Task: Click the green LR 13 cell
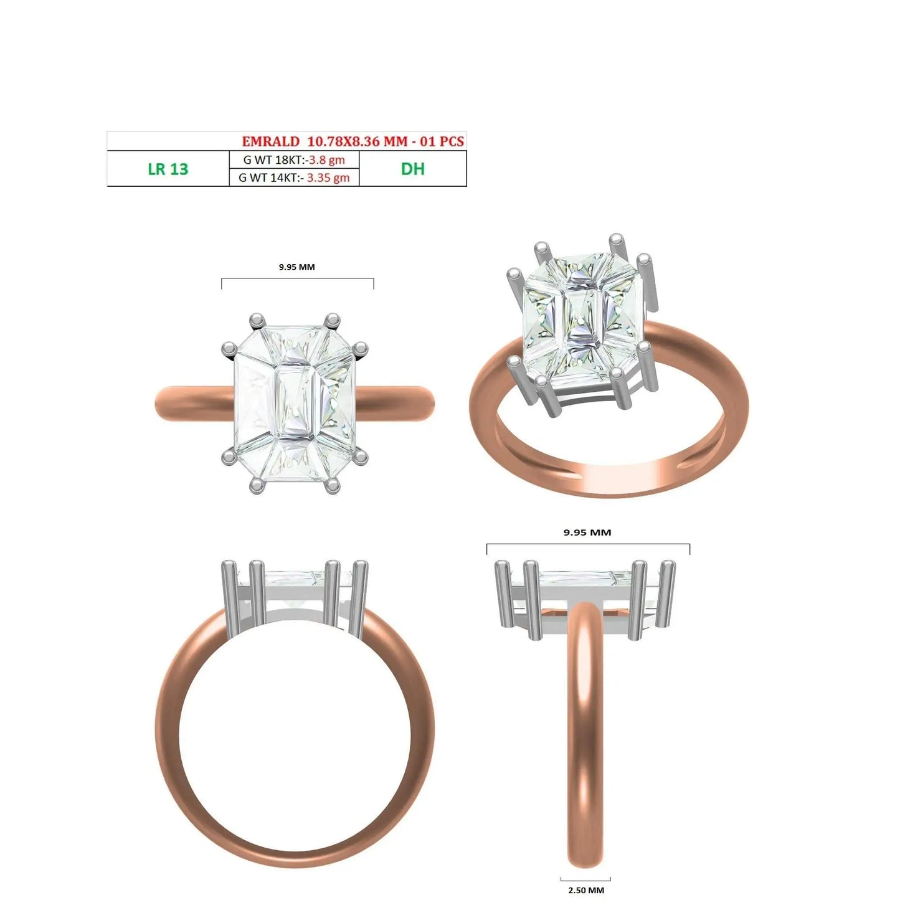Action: click(168, 169)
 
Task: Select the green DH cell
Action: click(413, 169)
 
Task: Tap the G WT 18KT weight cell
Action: click(294, 159)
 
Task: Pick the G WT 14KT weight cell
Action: click(294, 178)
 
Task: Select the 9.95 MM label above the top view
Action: click(297, 267)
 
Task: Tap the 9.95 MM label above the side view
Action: click(587, 533)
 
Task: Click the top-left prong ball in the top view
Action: click(257, 320)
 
